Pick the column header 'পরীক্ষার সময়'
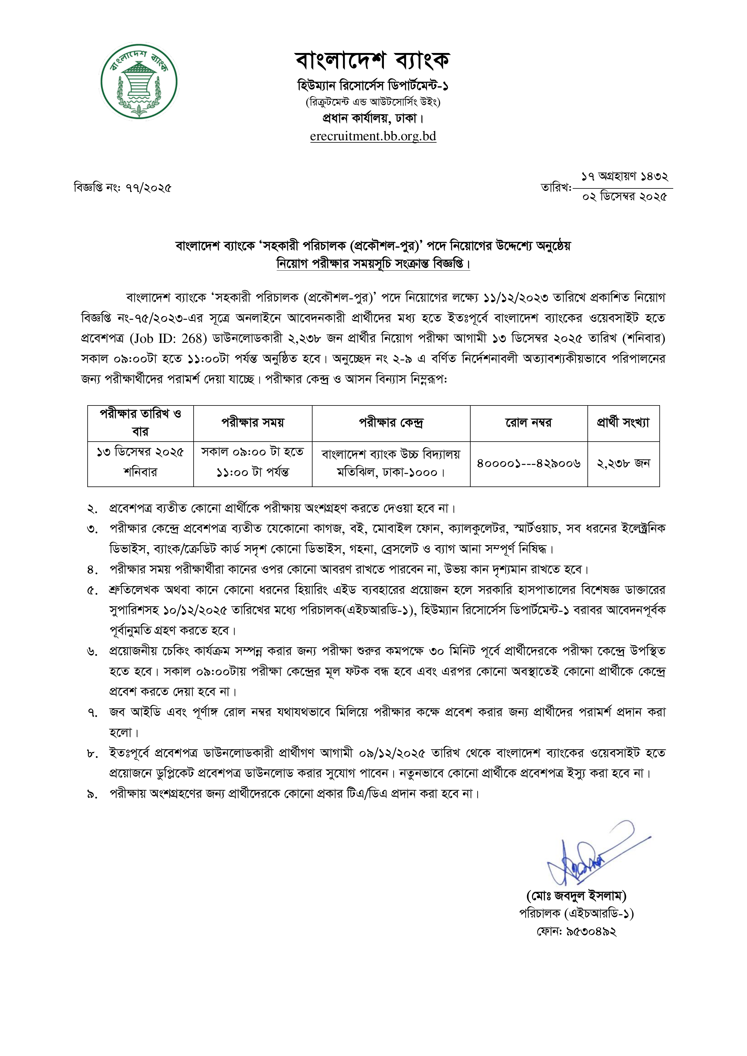[x=253, y=422]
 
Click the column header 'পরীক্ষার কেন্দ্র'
[x=391, y=422]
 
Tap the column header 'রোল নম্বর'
[x=528, y=422]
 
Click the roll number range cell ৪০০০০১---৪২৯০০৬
[x=528, y=464]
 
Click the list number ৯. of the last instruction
[x=92, y=795]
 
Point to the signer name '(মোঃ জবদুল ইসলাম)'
[x=576, y=896]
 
